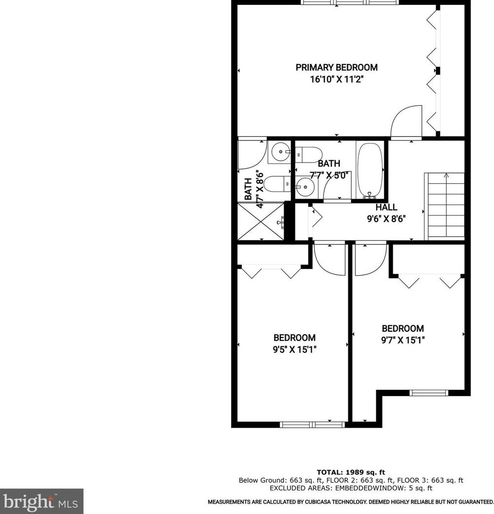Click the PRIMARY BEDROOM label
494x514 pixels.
336,67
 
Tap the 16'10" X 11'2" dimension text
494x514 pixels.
336,79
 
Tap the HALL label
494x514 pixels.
386,207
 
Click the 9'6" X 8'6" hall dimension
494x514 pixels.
386,219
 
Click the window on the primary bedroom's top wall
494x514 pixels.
349,2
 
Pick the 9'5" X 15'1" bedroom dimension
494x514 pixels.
294,349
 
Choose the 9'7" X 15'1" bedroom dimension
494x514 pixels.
403,340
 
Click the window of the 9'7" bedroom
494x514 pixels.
429,392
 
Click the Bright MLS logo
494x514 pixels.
42,501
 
